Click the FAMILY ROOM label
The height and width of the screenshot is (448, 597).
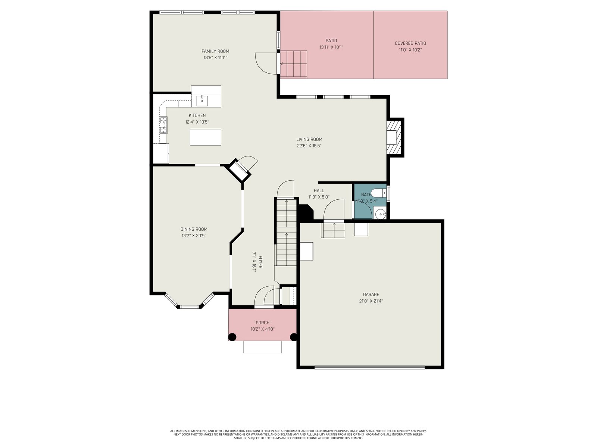(215, 51)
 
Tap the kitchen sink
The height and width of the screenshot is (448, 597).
(202, 101)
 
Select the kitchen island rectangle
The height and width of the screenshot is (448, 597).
(205, 137)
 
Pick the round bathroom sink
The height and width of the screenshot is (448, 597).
(380, 214)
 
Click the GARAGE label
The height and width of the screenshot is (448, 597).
(371, 294)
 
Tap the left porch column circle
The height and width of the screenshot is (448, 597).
(232, 337)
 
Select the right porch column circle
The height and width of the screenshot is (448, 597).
(294, 337)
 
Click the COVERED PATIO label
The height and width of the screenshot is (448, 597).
(410, 43)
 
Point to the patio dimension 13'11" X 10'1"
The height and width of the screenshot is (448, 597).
(331, 47)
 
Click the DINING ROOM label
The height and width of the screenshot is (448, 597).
(194, 229)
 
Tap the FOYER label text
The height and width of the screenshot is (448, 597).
(260, 262)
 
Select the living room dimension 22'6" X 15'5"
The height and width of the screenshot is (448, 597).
(309, 146)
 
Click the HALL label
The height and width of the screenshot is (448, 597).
(319, 190)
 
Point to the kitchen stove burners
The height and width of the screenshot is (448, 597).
(163, 125)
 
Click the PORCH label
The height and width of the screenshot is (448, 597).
(262, 323)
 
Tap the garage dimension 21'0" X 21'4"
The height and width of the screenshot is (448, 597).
(371, 301)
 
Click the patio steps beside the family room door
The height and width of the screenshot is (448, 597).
(294, 65)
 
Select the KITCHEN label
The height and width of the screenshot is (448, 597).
(197, 115)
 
